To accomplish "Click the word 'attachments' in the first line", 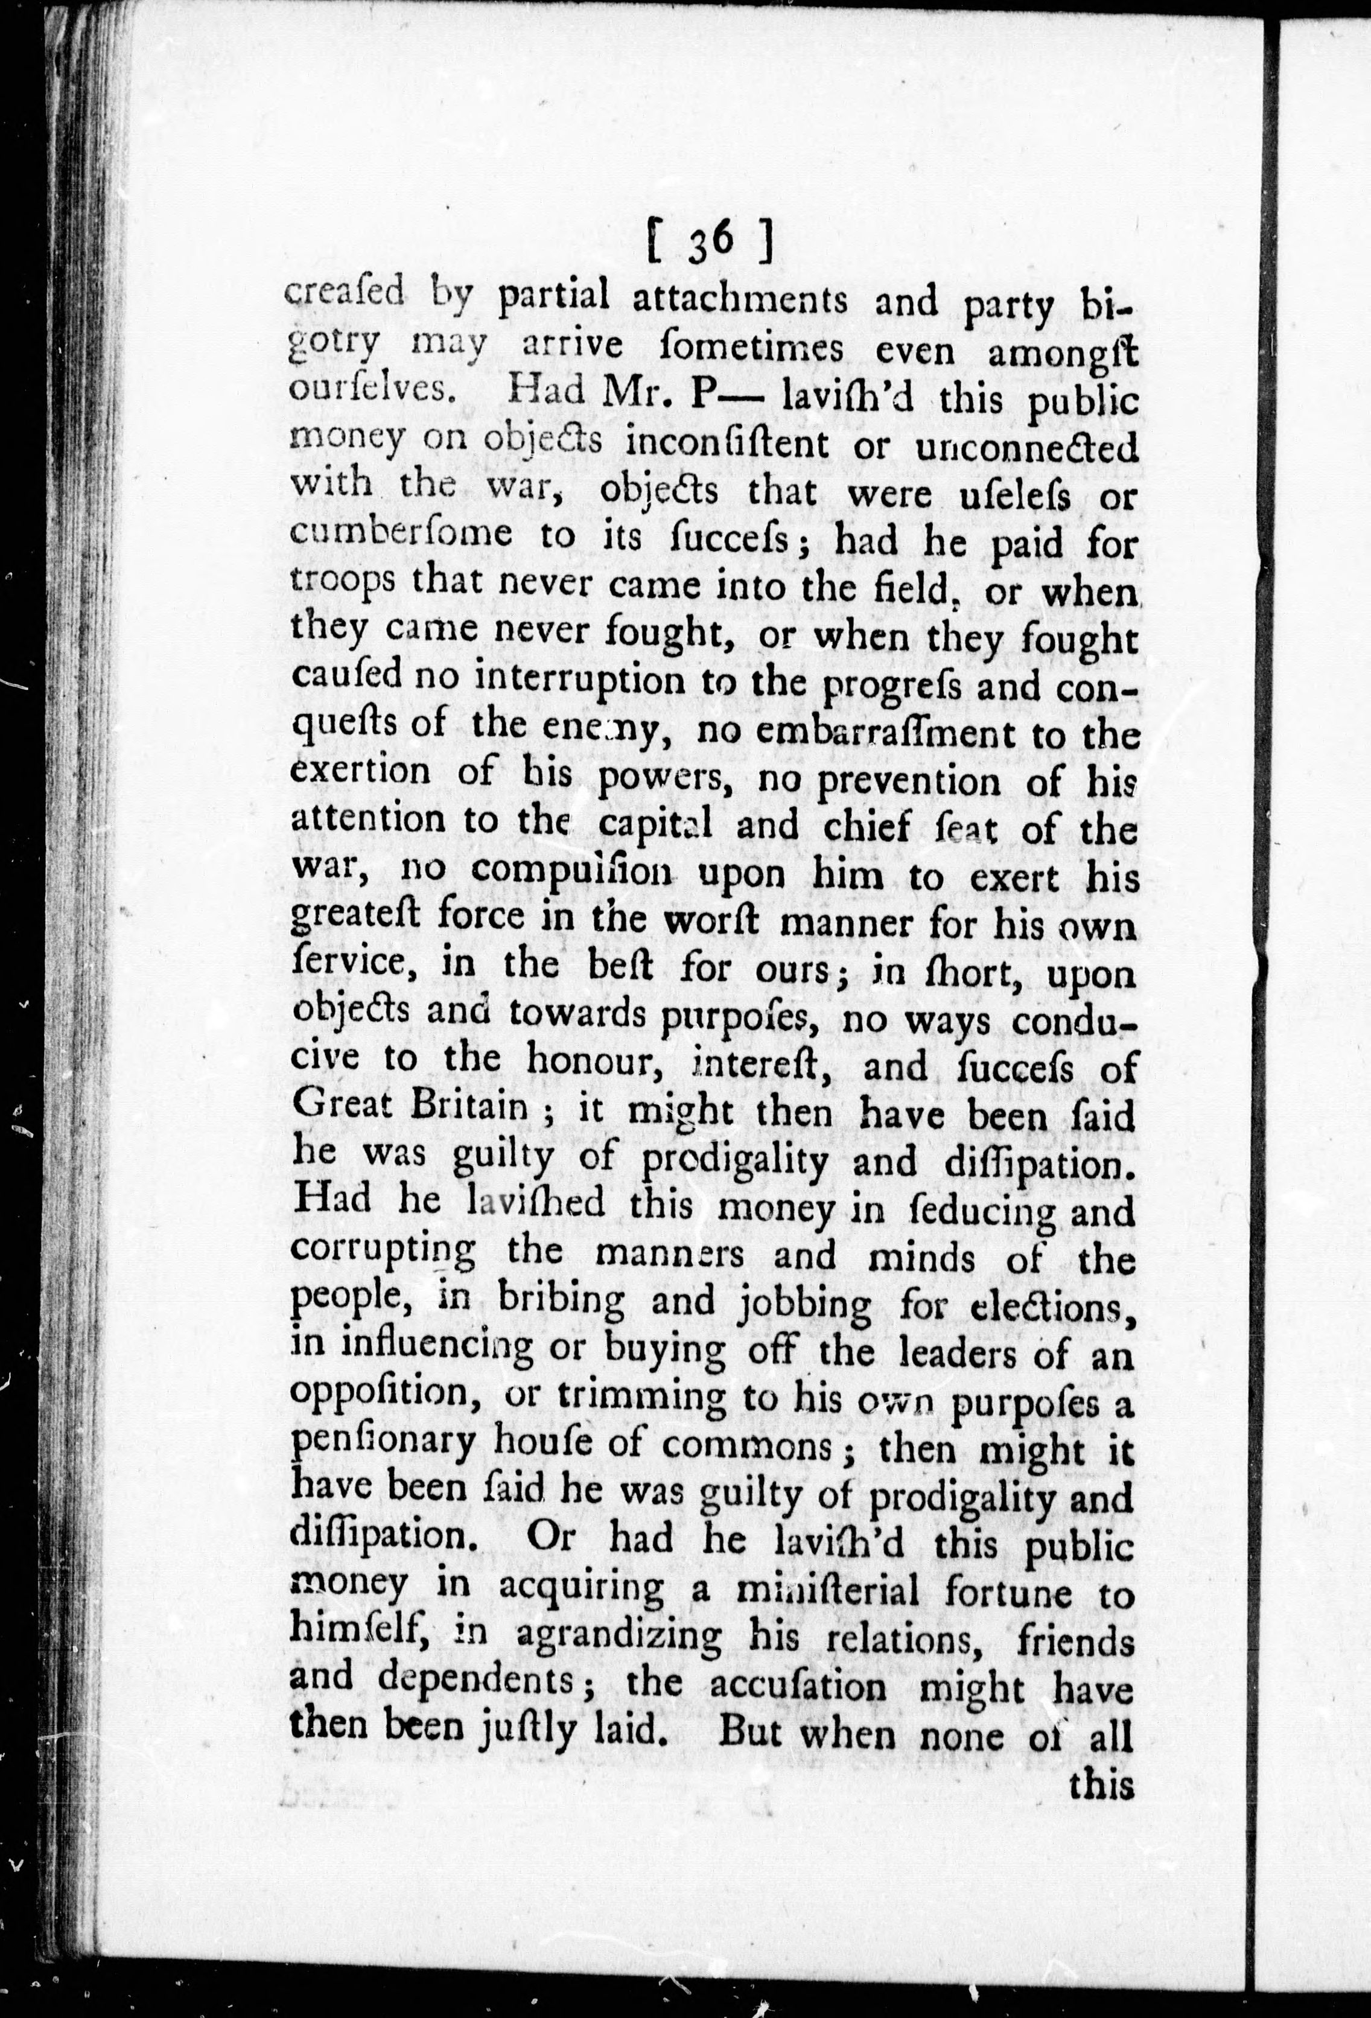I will click(x=738, y=299).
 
